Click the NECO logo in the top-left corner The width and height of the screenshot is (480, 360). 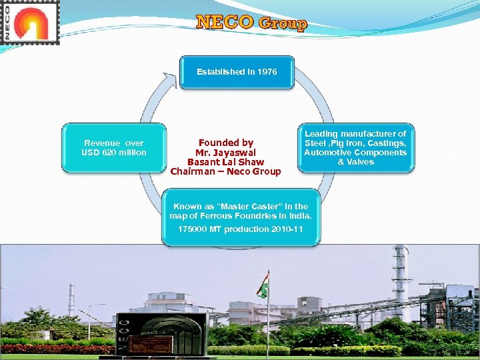pos(30,22)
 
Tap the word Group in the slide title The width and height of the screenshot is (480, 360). pos(283,24)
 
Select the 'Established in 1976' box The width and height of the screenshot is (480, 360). pos(237,72)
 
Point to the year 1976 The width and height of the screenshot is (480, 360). pos(267,71)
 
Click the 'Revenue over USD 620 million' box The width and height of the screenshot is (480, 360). pos(114,148)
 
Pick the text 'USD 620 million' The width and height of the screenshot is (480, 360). pos(114,153)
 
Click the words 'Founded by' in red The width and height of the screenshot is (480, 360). pos(226,142)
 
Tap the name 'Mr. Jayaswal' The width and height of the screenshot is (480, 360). pos(225,152)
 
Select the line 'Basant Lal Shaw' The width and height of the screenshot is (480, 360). pos(225,162)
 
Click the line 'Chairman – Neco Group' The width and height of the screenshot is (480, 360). pos(225,172)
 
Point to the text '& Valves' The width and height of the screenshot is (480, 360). pos(355,162)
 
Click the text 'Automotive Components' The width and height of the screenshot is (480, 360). pos(355,153)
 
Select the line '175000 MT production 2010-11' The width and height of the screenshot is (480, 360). pos(240,229)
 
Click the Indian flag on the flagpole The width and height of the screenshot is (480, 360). pos(263,285)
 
